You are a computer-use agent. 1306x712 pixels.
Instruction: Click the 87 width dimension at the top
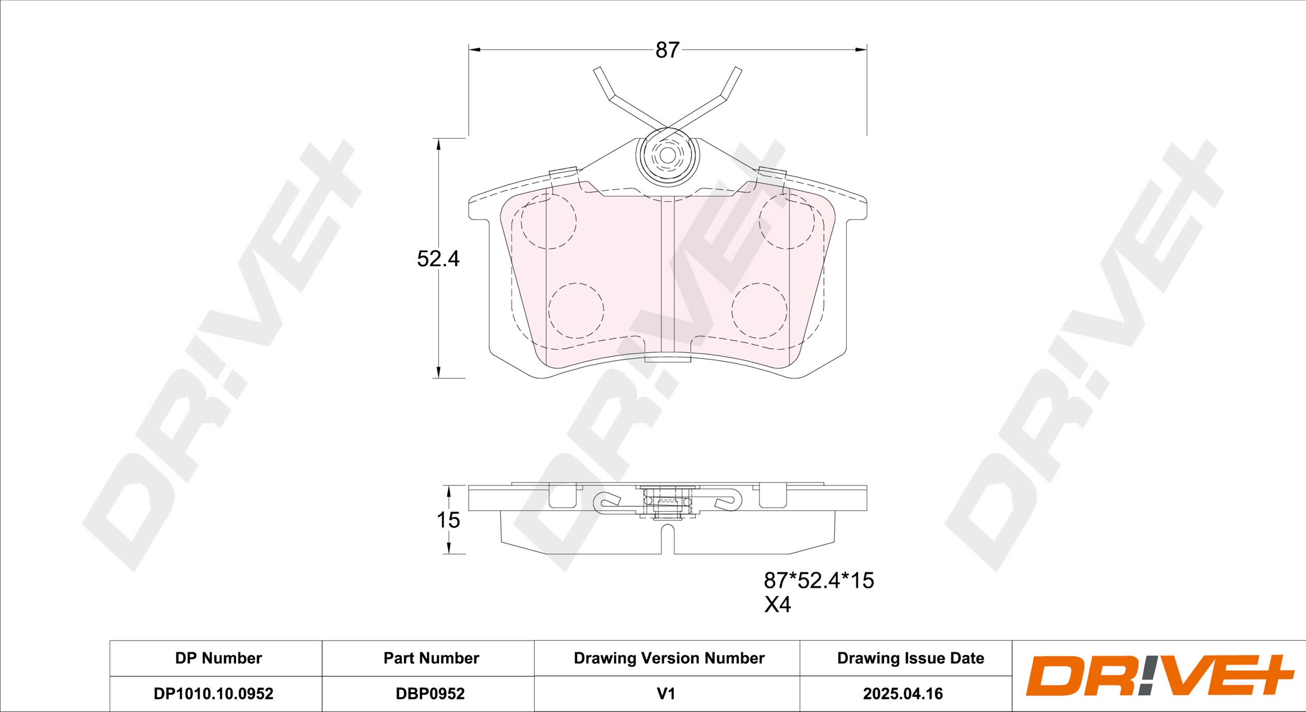(667, 50)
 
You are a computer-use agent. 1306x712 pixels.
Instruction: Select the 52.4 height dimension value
(438, 259)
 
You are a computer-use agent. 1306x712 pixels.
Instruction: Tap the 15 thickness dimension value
(448, 520)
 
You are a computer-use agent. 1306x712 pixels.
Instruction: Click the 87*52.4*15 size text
(819, 581)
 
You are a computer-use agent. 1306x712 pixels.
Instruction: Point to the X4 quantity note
(777, 605)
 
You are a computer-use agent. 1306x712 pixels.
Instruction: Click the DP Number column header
(218, 658)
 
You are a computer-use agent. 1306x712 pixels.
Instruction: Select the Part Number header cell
(431, 658)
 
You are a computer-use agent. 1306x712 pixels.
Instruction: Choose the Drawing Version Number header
(669, 658)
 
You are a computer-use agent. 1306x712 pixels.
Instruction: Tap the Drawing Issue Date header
(911, 658)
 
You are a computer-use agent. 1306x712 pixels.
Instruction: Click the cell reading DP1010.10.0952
(213, 694)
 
